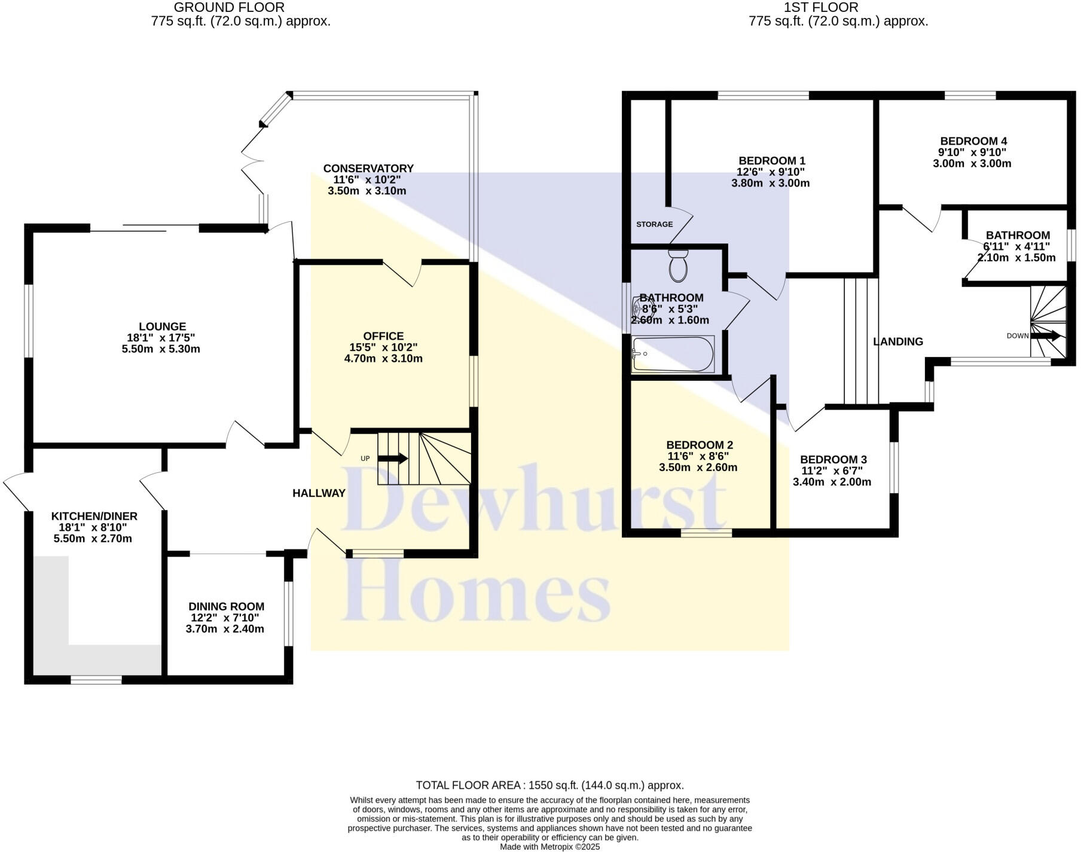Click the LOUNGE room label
coord(162,326)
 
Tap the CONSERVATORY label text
coord(368,169)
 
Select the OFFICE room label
coord(383,336)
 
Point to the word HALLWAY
coord(319,493)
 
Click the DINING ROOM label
coord(226,607)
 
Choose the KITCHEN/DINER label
coord(94,516)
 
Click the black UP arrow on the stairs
coord(393,459)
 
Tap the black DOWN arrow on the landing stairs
coord(1046,336)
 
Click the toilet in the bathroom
coord(678,266)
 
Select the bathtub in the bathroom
coord(673,354)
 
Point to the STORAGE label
coord(654,224)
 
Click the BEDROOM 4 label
coord(973,141)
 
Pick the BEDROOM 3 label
coord(833,459)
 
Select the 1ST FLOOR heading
coord(821,8)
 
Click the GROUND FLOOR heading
coord(229,8)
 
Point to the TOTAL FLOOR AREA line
coord(549,785)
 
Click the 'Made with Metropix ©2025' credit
coord(549,847)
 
